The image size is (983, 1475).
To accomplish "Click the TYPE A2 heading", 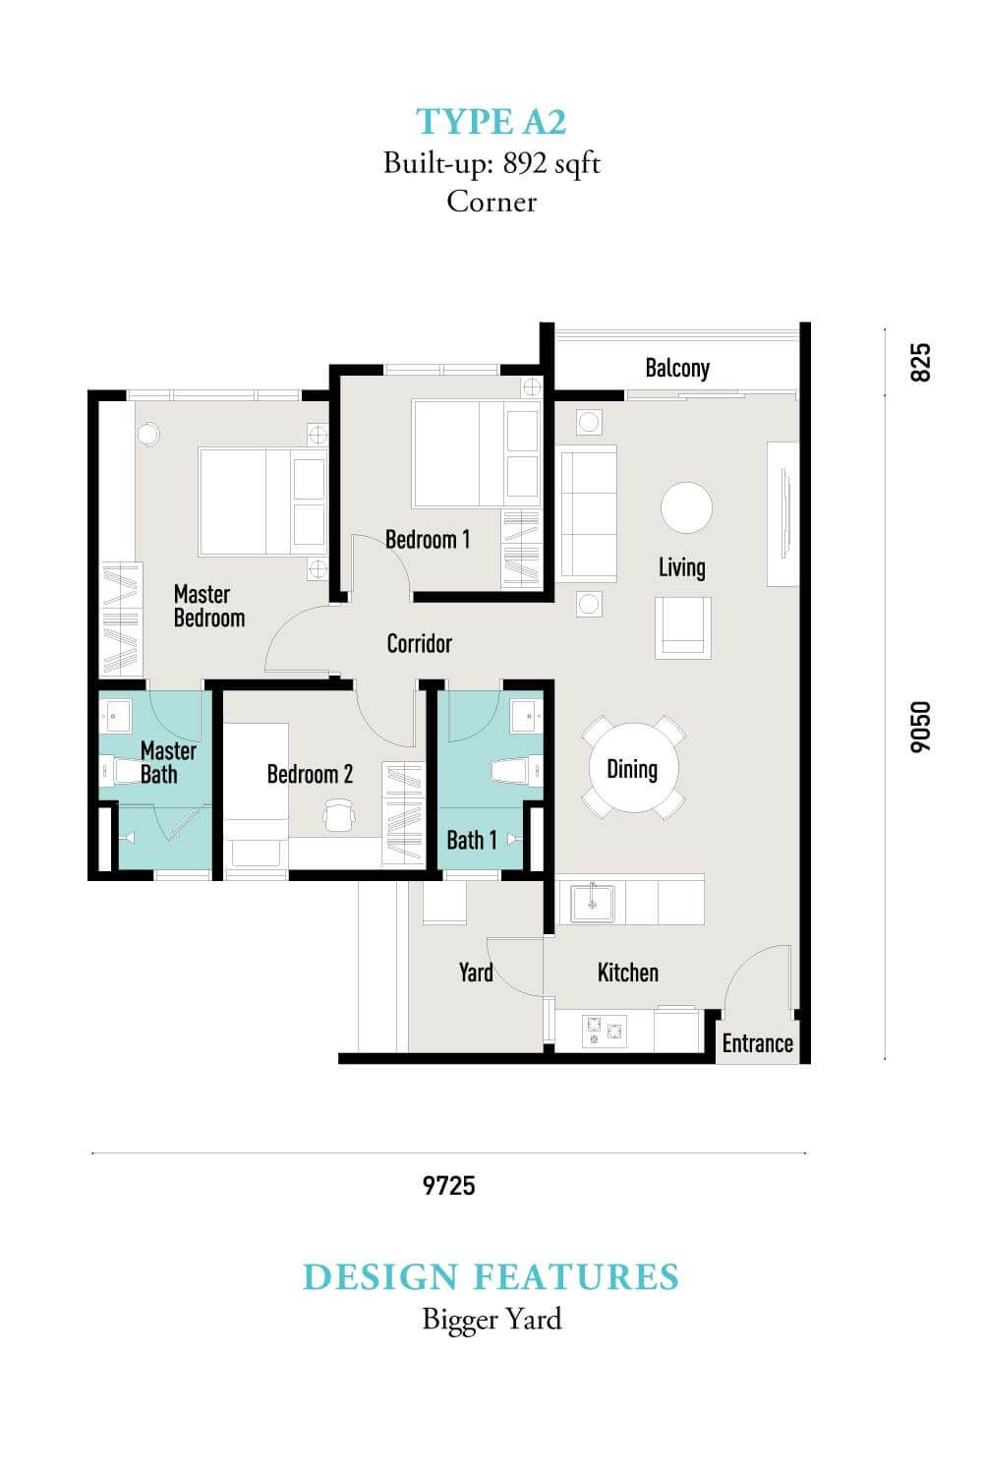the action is [491, 122].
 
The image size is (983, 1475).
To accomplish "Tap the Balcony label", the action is [677, 368].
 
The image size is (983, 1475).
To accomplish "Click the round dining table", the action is [633, 767].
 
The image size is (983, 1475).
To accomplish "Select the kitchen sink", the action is [593, 903].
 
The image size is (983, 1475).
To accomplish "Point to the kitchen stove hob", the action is [604, 1032].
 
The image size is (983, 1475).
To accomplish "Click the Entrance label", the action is [757, 1043].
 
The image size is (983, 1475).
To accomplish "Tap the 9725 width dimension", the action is [449, 1186].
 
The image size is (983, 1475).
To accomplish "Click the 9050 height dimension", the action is [920, 727].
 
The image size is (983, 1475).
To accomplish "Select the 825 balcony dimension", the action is [920, 362].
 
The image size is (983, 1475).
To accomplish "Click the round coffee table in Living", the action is [686, 507].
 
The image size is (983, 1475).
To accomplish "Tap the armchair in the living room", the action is [683, 627].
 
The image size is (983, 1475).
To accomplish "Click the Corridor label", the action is [420, 643].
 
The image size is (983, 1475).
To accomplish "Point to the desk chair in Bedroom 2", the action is [339, 815].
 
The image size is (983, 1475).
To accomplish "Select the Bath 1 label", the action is [472, 840].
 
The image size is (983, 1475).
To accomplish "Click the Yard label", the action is [476, 973].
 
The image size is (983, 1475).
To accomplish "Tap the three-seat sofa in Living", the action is [587, 514].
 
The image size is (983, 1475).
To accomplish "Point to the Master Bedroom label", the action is [209, 606].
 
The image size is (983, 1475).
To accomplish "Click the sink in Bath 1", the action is [527, 717].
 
